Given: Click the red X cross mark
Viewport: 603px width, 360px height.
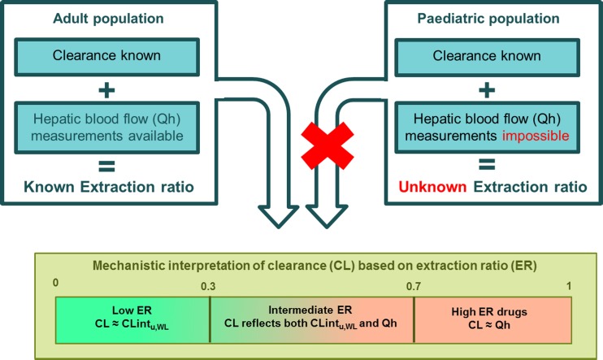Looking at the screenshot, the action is coord(328,146).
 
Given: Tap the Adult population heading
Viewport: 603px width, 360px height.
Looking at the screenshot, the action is coord(108,19).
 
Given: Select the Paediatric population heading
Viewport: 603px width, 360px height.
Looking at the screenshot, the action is coord(488,19).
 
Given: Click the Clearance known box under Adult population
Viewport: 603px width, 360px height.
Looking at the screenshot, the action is coord(107,57).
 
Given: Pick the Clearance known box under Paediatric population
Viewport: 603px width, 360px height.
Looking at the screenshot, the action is coord(487,57).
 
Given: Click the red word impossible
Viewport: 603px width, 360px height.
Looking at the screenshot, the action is coord(536,136).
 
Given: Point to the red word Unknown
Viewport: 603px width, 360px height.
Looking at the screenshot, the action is coord(432,187).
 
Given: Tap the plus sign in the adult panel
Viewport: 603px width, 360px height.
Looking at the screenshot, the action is coord(107,91).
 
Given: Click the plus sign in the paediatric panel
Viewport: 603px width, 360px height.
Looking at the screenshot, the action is coord(487,91).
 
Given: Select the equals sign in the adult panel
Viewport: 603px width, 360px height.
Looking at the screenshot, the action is coord(107,166).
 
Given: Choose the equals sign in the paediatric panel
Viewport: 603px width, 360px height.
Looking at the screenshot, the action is coord(487,165).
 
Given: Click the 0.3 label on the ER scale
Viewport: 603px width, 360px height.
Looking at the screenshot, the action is coord(208,287).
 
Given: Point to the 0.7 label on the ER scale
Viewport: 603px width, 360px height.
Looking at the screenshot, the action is coord(414,287).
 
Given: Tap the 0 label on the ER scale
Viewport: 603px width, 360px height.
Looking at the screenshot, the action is coord(56,283).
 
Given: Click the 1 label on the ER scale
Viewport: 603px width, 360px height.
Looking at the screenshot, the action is coord(569,286).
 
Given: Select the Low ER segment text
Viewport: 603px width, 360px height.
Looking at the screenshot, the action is coord(132,318).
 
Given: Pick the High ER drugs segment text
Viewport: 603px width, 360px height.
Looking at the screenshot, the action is coord(489,319).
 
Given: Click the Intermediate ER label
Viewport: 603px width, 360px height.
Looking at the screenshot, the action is coord(310,310).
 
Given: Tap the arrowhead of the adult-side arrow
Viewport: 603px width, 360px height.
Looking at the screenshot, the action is coord(279,217).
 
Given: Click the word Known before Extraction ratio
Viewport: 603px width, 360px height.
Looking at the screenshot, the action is coord(49,187).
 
